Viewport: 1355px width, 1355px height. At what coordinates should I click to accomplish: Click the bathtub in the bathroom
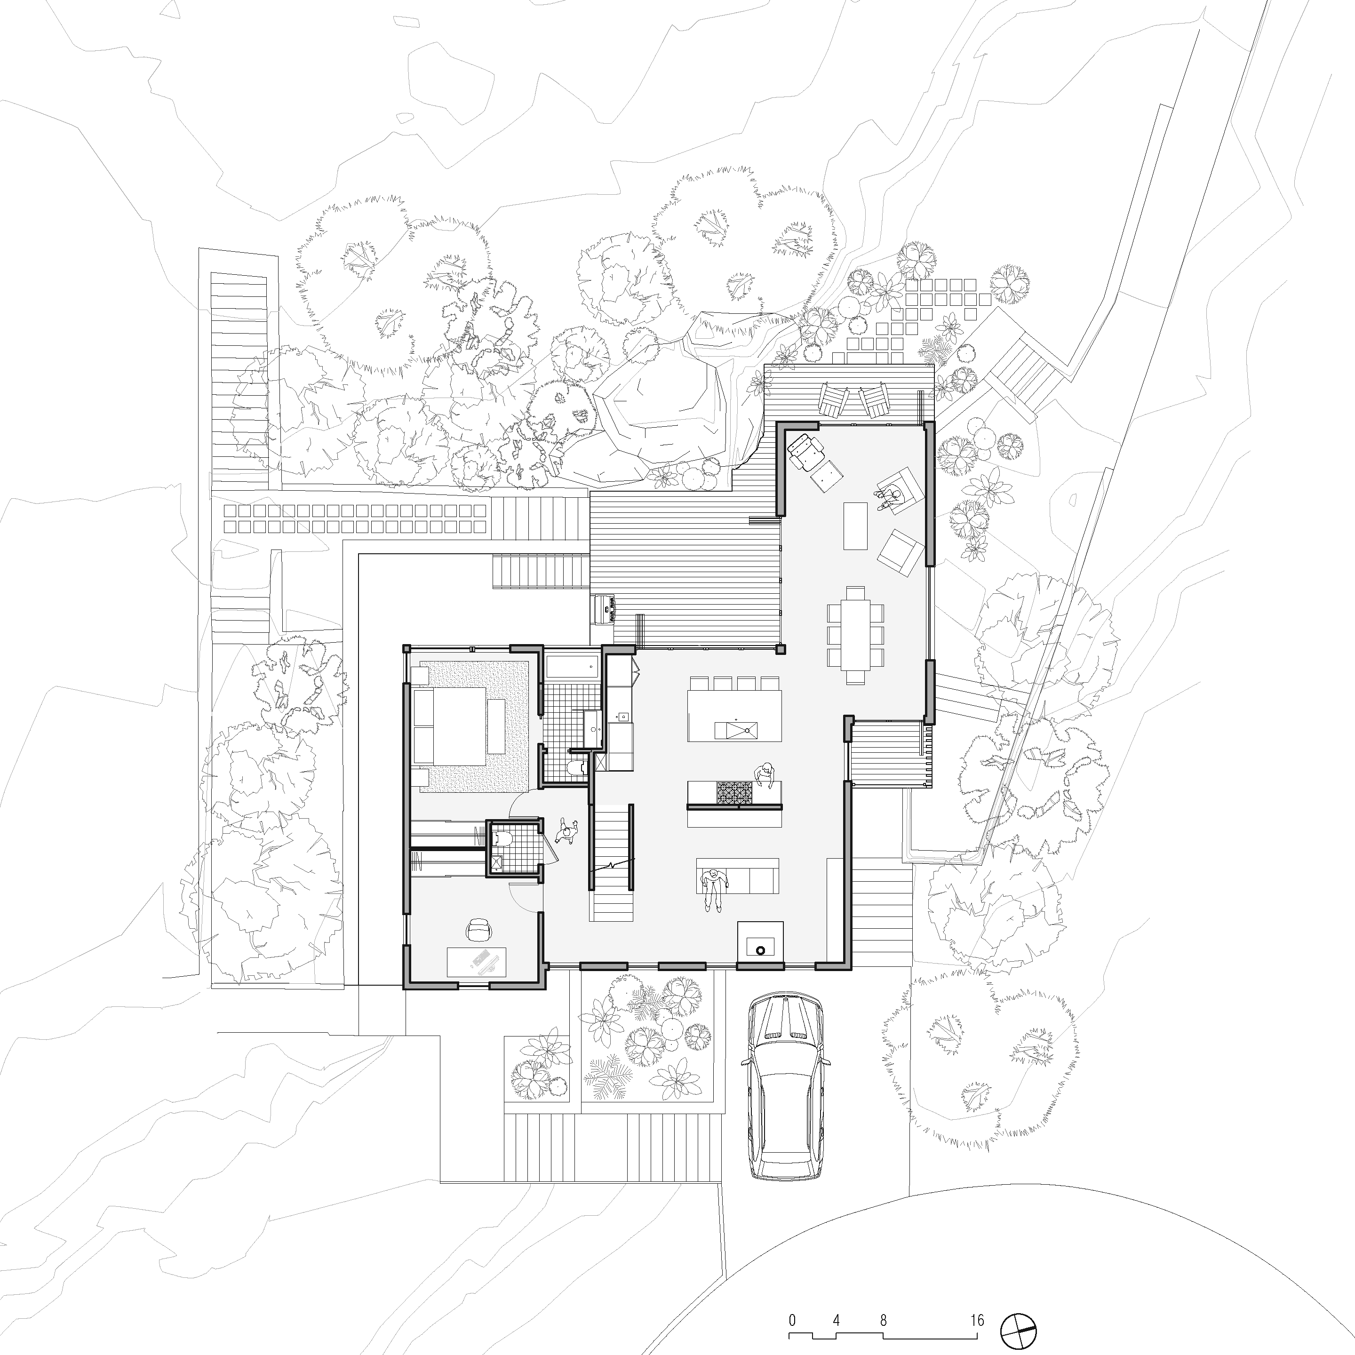point(572,668)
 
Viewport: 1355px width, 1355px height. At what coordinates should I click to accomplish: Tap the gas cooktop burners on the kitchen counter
point(733,792)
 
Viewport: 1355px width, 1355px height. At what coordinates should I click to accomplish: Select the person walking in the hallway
point(565,832)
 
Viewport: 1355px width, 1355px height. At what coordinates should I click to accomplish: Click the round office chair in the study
point(480,929)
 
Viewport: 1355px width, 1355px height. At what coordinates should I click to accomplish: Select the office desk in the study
point(477,962)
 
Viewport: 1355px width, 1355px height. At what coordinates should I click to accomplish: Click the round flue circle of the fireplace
point(759,950)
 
